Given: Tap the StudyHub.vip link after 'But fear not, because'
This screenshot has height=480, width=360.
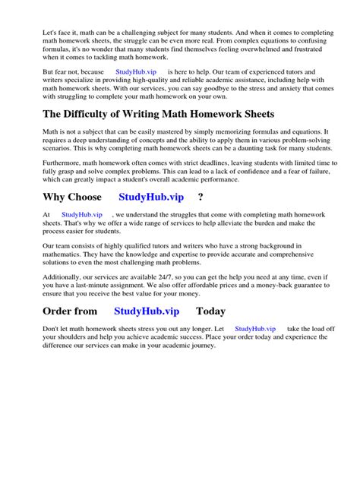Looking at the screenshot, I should coord(135,71).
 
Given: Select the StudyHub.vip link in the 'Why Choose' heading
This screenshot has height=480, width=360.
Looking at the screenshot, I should coord(151,197).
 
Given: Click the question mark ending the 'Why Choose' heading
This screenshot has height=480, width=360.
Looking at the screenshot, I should coord(200,197).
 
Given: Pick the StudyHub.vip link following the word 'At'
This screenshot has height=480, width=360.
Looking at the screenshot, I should coord(81,216).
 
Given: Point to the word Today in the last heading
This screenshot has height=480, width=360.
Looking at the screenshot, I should coord(211,311).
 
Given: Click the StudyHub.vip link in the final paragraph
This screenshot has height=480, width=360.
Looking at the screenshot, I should coord(254,329).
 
